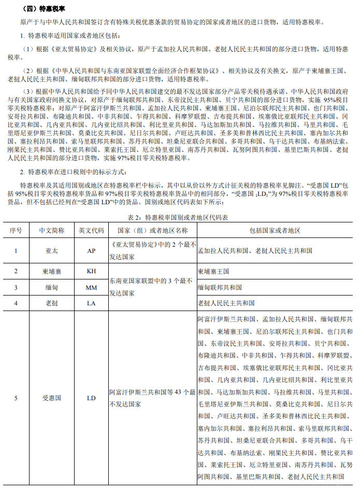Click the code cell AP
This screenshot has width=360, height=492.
tap(91, 250)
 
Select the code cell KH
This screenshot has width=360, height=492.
tap(91, 271)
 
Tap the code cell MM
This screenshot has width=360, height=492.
tap(91, 287)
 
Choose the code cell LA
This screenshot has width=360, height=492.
tap(91, 303)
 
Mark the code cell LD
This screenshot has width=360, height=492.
tap(91, 398)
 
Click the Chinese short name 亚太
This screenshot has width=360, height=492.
tap(52, 250)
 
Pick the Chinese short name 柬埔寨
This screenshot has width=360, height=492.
tap(52, 271)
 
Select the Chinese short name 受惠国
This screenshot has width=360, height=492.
tap(52, 398)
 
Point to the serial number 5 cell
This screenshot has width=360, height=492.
tap(16, 398)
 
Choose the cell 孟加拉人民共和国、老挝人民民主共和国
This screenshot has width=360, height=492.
tap(255, 250)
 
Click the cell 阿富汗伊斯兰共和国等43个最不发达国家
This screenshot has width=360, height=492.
tap(152, 398)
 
